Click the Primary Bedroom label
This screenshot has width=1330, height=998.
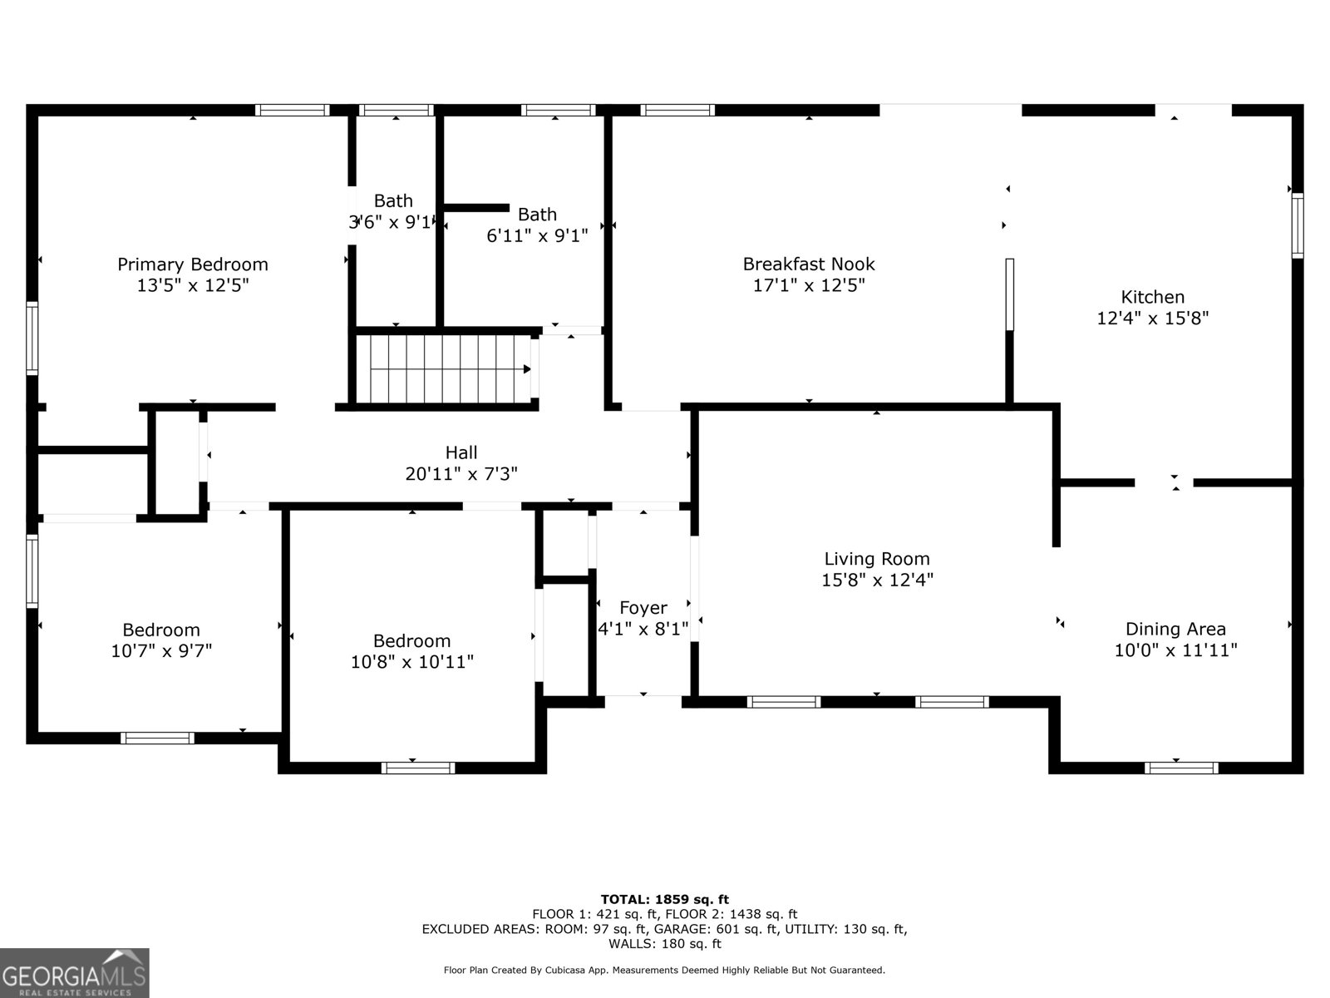192,264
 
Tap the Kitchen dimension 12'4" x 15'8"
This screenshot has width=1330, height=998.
1152,318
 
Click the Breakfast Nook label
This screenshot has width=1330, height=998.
808,264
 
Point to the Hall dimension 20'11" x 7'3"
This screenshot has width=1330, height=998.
461,474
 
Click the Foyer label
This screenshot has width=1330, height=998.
643,608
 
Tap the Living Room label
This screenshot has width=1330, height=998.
876,559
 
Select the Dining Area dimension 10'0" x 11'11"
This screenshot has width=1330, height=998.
1175,650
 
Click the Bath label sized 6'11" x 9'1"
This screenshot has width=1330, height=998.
536,215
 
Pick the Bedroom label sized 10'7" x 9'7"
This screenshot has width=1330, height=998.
160,630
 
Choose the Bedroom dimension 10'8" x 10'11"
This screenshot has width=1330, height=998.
411,662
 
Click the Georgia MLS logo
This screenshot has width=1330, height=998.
75,972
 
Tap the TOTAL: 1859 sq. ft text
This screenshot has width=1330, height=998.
664,899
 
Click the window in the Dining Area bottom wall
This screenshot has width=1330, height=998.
1180,768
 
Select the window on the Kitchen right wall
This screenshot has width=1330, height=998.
1297,225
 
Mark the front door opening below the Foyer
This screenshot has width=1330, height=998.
643,701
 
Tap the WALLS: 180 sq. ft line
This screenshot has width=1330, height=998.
664,944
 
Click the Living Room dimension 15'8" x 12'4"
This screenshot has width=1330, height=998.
876,581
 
